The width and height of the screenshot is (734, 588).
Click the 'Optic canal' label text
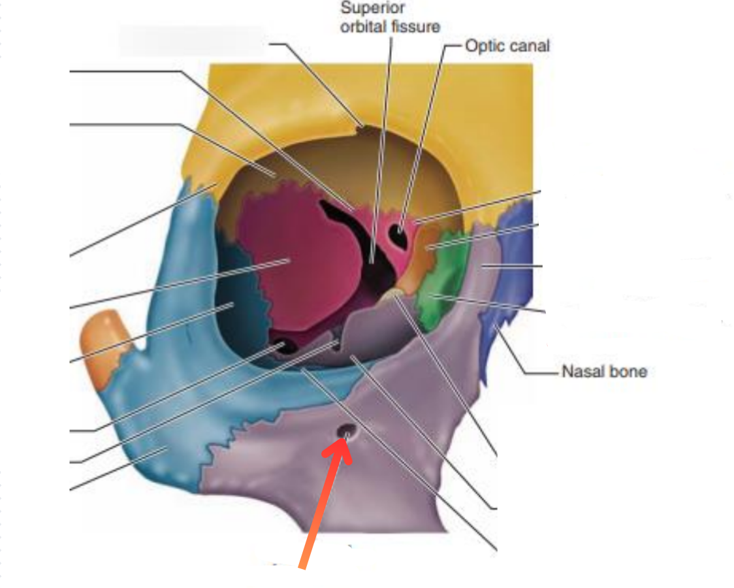(x=507, y=46)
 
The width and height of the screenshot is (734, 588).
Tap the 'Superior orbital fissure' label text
(x=390, y=18)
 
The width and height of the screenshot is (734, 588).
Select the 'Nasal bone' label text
(x=604, y=372)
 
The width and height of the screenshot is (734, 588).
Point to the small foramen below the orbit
(x=345, y=431)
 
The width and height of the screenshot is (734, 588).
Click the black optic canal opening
(x=400, y=234)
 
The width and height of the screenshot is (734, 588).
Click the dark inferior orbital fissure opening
(x=285, y=347)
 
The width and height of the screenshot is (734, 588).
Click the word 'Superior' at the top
(x=373, y=8)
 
